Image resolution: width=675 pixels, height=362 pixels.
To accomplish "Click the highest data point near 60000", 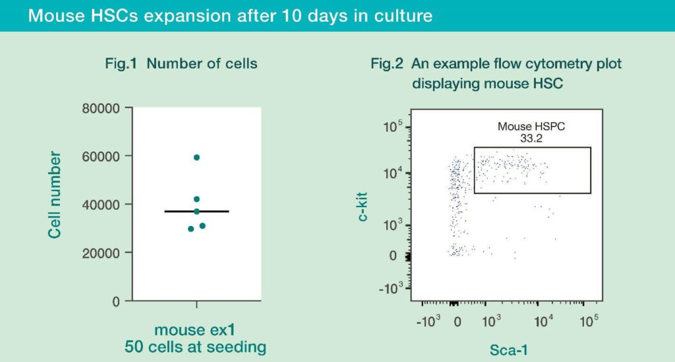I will click(x=196, y=158).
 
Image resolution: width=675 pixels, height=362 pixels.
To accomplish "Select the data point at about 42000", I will click(x=196, y=199).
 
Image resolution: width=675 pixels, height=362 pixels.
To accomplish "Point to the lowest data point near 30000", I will click(x=191, y=229).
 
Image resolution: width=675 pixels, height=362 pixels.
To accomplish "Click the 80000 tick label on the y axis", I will click(x=101, y=108).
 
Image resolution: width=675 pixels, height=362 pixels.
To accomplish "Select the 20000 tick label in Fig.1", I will click(x=101, y=253).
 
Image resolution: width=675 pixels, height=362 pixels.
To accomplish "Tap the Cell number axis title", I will click(x=55, y=195).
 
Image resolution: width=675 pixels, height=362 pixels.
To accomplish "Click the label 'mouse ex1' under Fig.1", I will click(x=196, y=329).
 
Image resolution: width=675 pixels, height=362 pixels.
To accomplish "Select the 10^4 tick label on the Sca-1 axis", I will click(x=543, y=321).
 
